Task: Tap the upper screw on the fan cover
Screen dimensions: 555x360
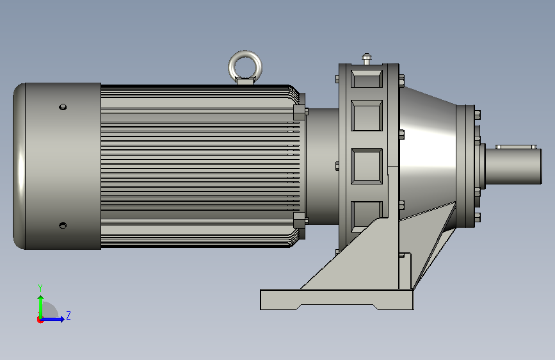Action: (63, 106)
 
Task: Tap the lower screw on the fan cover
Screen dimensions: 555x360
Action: (63, 225)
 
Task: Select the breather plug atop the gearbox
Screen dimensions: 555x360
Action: (367, 58)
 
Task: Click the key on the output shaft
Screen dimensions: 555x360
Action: (517, 147)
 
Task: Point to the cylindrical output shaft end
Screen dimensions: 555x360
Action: (513, 166)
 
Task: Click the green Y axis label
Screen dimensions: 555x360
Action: (40, 288)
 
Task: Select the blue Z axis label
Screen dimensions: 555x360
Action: (68, 315)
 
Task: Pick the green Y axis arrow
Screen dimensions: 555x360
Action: (41, 307)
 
